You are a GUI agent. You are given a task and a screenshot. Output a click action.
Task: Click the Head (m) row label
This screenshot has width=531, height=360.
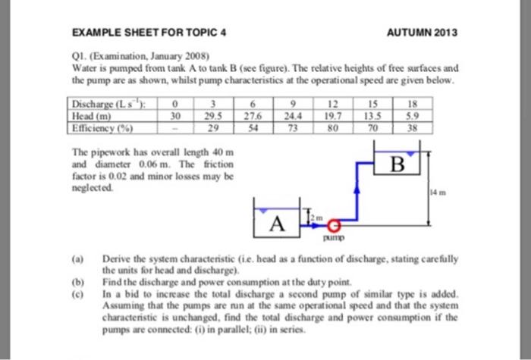click(89, 116)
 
